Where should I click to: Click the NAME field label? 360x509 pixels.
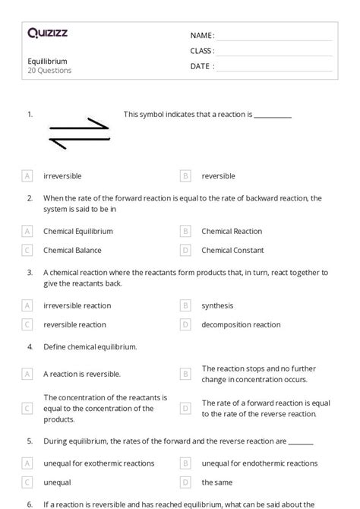(202, 36)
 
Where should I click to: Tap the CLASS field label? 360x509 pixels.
(202, 51)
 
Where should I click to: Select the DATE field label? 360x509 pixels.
(202, 66)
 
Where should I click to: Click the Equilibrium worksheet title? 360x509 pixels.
(47, 62)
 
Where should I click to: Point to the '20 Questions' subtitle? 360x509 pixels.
(49, 71)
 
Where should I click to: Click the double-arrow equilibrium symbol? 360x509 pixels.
(79, 133)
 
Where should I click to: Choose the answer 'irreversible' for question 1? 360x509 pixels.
(62, 176)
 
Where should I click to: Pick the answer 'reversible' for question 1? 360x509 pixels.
(218, 176)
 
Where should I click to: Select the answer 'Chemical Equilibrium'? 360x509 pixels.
(78, 231)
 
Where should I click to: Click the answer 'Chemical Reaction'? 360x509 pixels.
(232, 231)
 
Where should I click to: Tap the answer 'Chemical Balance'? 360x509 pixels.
(72, 250)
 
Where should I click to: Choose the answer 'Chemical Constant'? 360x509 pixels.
(232, 250)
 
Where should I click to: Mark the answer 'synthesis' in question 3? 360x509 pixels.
(217, 305)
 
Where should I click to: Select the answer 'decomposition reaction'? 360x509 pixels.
(241, 324)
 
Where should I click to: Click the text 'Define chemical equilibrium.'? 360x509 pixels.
(90, 346)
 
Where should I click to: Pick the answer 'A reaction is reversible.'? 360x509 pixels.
(82, 374)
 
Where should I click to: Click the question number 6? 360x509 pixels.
(30, 504)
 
